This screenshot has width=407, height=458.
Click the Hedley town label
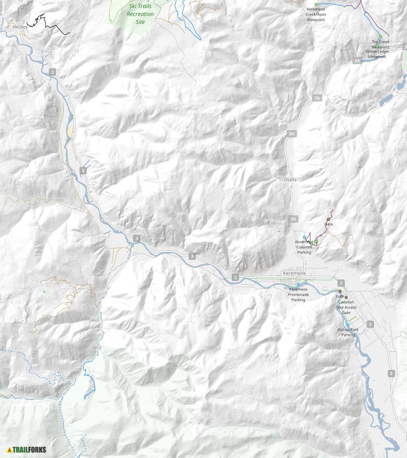tap(20, 27)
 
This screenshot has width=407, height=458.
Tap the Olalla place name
tap(290, 179)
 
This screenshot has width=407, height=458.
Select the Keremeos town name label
tap(294, 273)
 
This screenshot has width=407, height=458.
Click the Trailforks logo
tap(26, 449)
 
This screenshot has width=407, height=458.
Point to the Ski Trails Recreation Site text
tap(140, 14)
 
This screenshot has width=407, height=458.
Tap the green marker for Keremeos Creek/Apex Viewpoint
tap(316, 4)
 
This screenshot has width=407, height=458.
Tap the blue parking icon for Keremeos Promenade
tap(298, 285)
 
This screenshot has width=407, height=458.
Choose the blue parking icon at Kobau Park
tap(348, 324)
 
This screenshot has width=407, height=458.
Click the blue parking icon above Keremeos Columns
tap(305, 237)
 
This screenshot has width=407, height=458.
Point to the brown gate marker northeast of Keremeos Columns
tap(328, 219)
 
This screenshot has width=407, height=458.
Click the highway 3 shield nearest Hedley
tap(52, 71)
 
